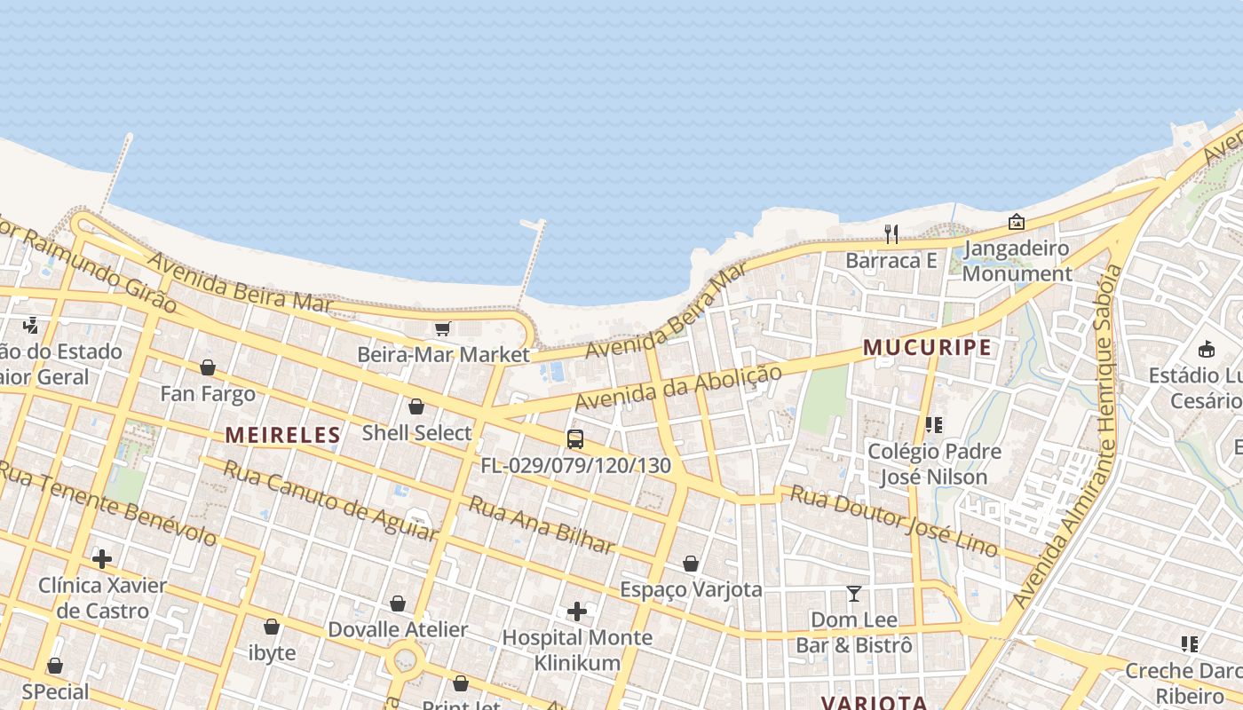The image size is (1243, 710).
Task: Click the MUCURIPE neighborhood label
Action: pos(927,348)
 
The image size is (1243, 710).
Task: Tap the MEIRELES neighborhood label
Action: pos(282,435)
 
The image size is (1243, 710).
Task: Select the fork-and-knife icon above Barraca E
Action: pos(891,234)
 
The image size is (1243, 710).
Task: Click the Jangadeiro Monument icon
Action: pos(1016,222)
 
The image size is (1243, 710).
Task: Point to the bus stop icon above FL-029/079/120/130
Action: pos(575,438)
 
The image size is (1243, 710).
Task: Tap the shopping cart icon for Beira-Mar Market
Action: pos(442,328)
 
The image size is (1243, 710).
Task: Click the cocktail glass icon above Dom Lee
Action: pos(854,593)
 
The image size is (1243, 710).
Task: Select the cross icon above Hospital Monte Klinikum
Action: pos(577,611)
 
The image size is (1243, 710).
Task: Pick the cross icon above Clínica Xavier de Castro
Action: pos(102,559)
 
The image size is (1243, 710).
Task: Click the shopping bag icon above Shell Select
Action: pos(416,406)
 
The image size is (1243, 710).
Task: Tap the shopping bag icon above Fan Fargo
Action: pos(208,367)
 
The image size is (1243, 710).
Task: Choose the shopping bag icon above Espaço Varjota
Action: pos(691,564)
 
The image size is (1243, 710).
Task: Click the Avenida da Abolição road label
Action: pos(679,387)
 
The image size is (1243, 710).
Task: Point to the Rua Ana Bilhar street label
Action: pos(541,525)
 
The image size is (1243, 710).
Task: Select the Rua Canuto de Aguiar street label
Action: pos(329,499)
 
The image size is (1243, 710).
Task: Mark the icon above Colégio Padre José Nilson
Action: pos(933,425)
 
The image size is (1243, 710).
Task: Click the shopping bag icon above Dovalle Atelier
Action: pos(398,603)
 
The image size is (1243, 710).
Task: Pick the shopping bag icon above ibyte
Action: pos(272,627)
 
